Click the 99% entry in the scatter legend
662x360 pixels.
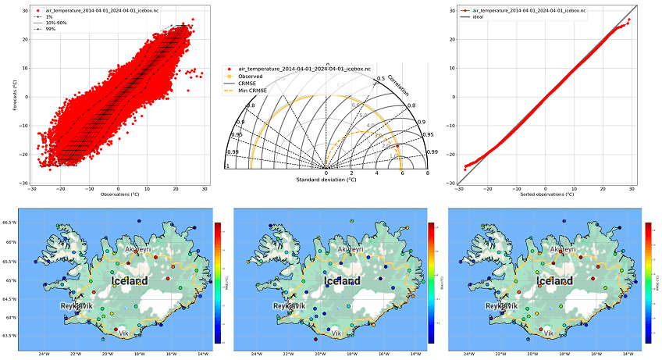[x=51, y=30]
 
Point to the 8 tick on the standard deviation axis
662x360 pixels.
[x=427, y=173]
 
